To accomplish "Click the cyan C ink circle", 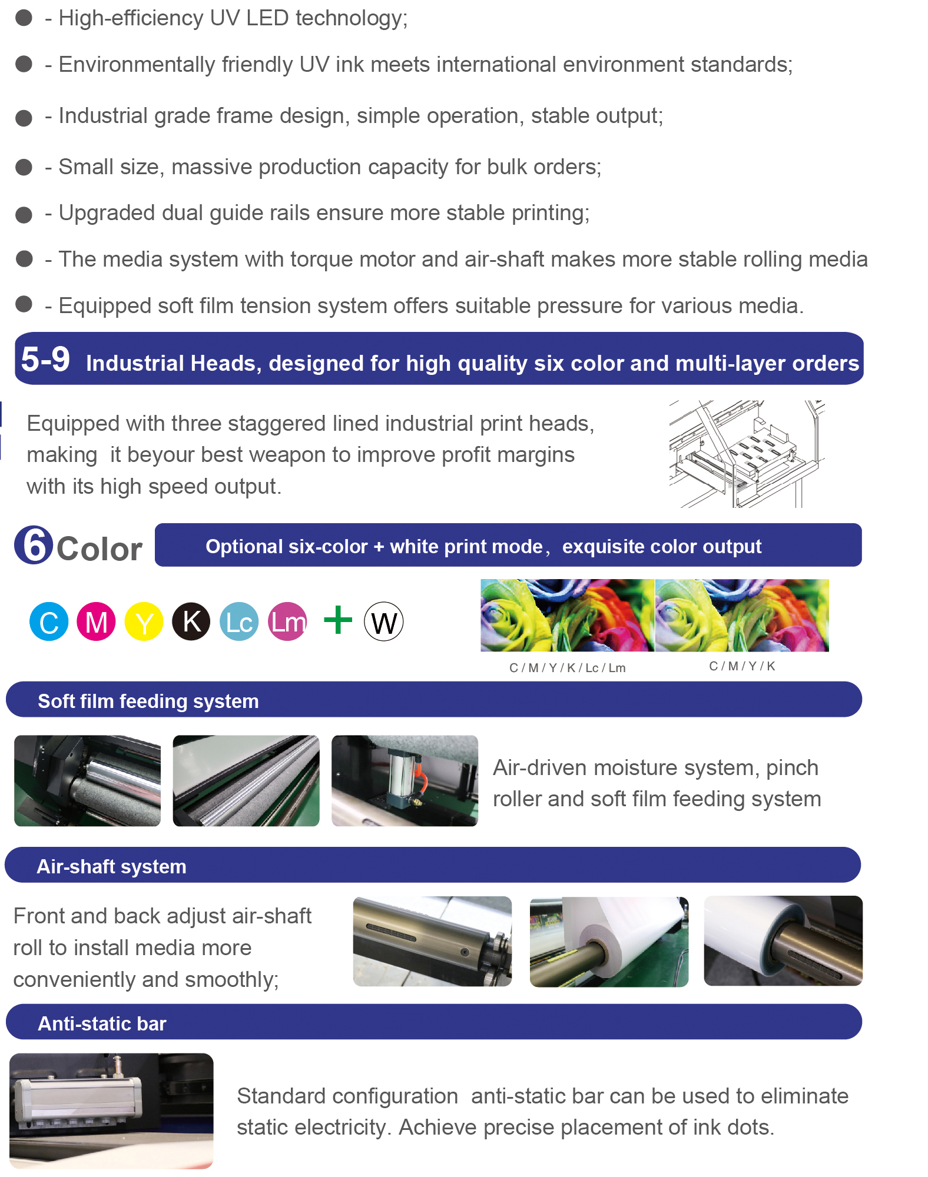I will [x=49, y=621].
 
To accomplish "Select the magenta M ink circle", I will [x=96, y=621].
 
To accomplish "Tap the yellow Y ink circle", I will [x=144, y=621].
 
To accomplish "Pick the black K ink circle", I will [x=191, y=621].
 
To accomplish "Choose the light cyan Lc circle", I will [x=239, y=621].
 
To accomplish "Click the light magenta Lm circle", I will [x=287, y=621].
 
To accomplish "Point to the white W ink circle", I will [x=384, y=621].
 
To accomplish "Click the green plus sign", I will [x=338, y=620].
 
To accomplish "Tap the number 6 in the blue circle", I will [x=34, y=545].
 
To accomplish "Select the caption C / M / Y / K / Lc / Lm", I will [x=567, y=668].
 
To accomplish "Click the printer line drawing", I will [x=747, y=454].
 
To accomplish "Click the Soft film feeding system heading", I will [x=148, y=701].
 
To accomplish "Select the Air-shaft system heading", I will [x=112, y=866].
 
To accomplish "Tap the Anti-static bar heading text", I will [x=102, y=1023].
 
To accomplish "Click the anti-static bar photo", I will [x=111, y=1110].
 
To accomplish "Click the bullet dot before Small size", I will [x=24, y=167].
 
